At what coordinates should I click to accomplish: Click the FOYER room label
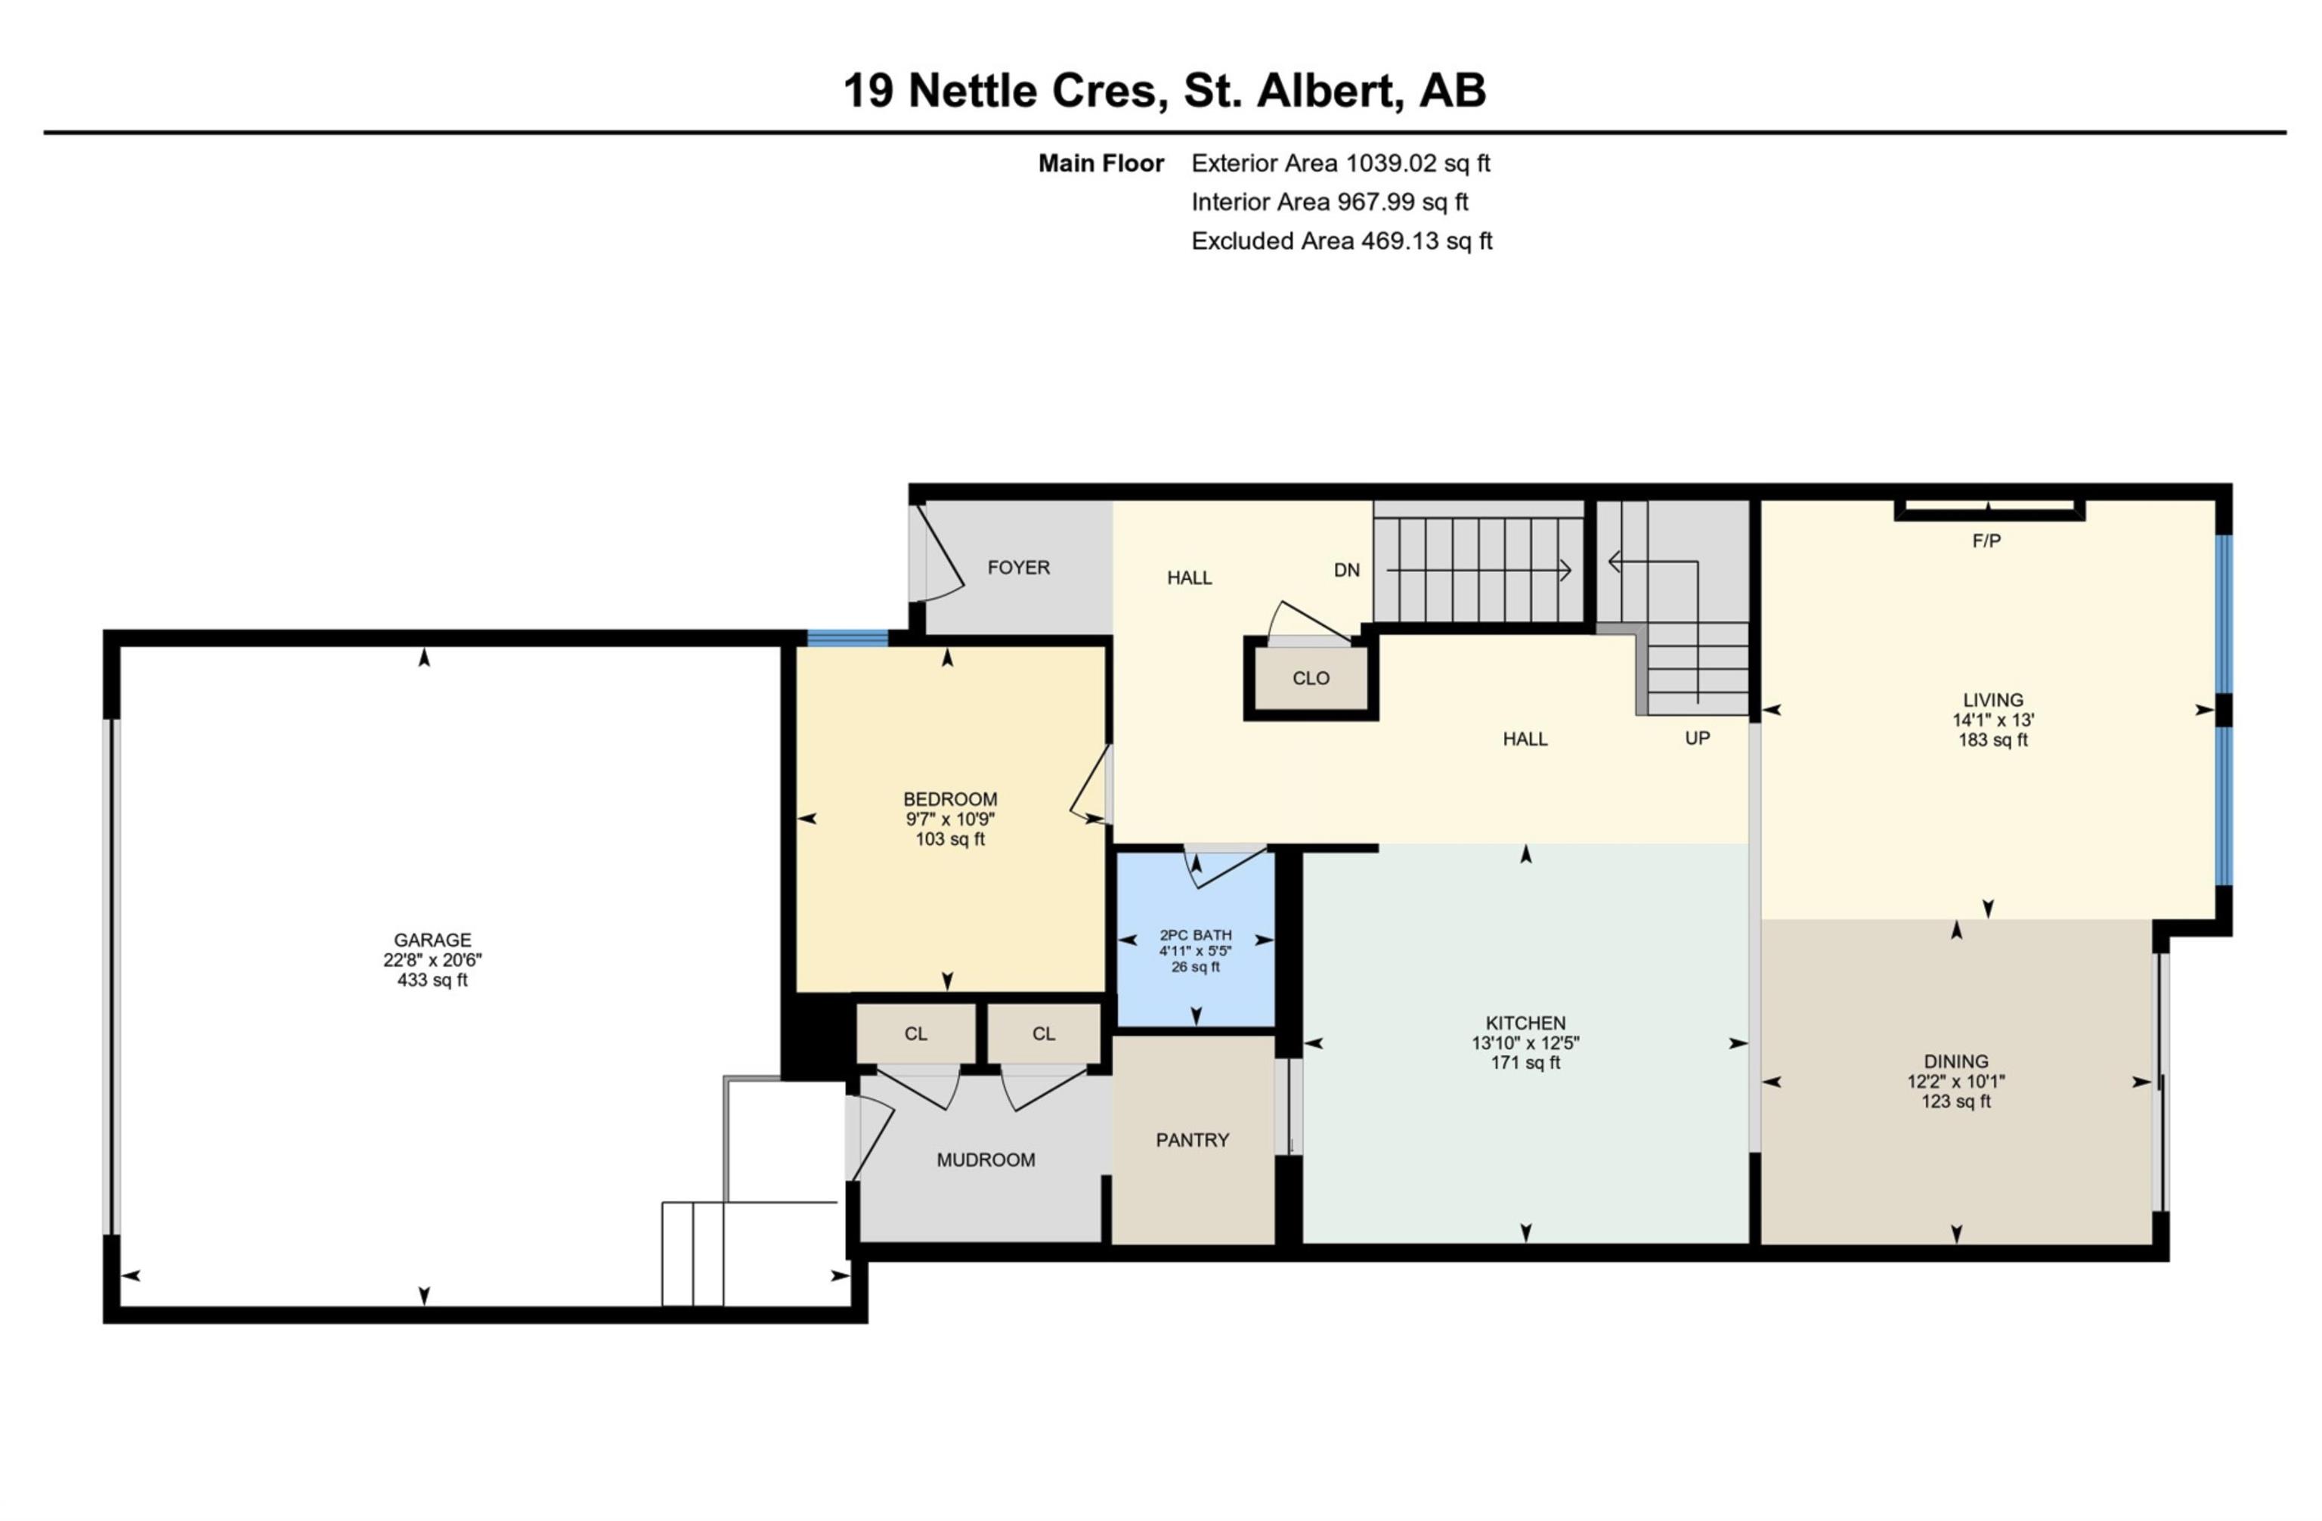click(1017, 567)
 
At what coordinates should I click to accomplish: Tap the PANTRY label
click(1191, 1139)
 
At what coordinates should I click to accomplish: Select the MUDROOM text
click(986, 1159)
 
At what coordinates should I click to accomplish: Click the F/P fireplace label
click(1986, 541)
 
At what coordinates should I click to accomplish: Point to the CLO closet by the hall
click(1310, 678)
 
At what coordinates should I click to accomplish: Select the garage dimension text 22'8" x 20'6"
click(432, 959)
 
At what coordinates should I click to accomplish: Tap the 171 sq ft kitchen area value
click(1525, 1062)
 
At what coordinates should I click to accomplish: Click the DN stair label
click(1346, 570)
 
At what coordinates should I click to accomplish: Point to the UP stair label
click(1697, 739)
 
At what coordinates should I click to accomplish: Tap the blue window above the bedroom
click(847, 638)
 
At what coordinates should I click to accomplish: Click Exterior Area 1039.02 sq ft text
click(1339, 163)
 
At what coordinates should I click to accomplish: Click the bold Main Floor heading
click(1101, 163)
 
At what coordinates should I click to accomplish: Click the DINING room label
click(1955, 1061)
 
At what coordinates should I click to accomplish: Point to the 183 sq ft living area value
click(1992, 739)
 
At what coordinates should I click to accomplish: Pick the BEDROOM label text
click(949, 799)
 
